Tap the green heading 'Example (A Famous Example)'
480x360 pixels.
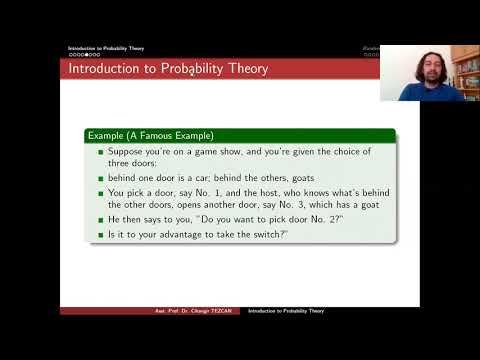(151, 134)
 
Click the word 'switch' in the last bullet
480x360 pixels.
(266, 236)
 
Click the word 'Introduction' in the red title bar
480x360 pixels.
(100, 68)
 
